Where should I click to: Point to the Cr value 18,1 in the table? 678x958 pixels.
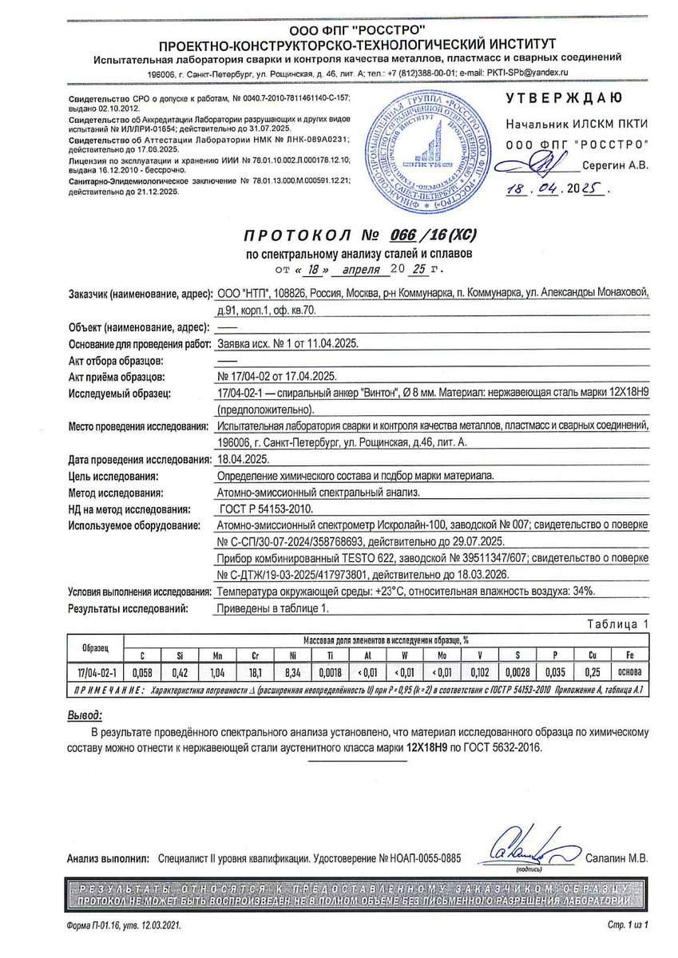click(255, 673)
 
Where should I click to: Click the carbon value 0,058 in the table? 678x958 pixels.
click(141, 673)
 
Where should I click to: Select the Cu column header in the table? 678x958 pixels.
click(591, 655)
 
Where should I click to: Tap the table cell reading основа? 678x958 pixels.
click(629, 673)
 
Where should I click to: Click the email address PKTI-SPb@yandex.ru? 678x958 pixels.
click(525, 73)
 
